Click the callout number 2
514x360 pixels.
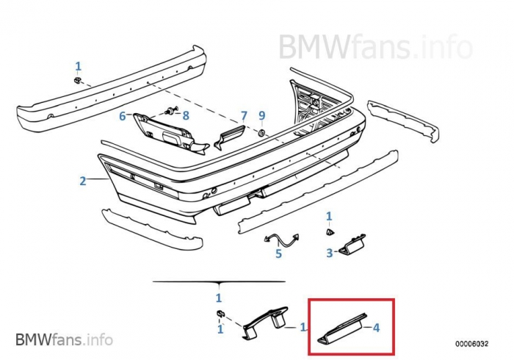click(x=83, y=181)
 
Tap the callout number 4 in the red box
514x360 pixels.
click(x=377, y=328)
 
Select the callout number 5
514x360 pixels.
click(x=278, y=254)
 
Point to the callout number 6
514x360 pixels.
click(x=123, y=116)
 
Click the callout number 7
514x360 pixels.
click(x=244, y=116)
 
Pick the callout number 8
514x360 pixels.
click(x=186, y=115)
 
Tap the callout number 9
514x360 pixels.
click(x=261, y=115)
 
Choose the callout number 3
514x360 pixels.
click(x=330, y=253)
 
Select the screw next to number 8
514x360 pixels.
click(x=170, y=112)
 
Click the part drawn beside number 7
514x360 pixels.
click(x=228, y=137)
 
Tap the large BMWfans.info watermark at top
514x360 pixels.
click(x=374, y=47)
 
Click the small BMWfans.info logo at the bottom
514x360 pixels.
click(x=65, y=339)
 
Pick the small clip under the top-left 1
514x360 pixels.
click(x=78, y=79)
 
